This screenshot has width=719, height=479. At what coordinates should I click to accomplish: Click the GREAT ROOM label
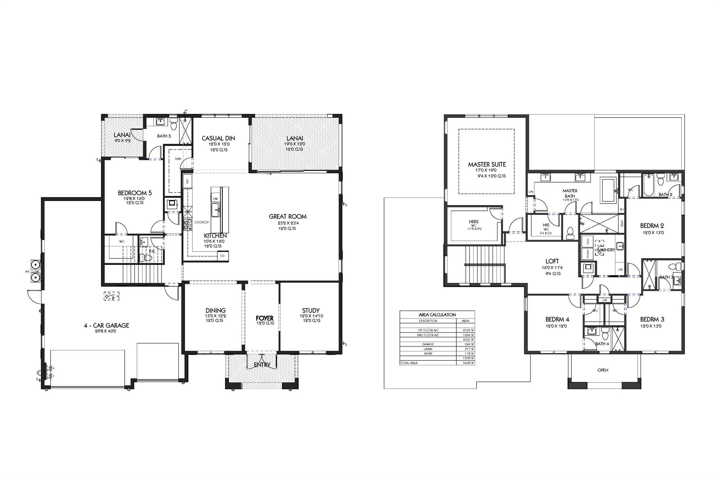(x=288, y=217)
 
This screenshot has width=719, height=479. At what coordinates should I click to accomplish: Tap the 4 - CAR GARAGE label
(x=106, y=325)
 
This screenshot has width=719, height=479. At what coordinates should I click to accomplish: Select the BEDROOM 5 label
(x=135, y=193)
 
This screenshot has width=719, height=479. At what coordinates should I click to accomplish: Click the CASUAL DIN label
(x=218, y=138)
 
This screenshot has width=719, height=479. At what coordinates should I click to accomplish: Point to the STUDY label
(x=311, y=310)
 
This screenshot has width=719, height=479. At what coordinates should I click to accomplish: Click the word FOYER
(x=264, y=318)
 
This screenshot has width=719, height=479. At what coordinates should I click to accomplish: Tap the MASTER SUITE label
(x=487, y=164)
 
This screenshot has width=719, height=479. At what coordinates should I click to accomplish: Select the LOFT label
(x=552, y=261)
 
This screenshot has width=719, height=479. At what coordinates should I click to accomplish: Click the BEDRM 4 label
(x=557, y=319)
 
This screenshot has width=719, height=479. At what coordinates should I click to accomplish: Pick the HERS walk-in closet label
(x=474, y=221)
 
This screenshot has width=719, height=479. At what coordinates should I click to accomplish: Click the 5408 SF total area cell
(x=466, y=363)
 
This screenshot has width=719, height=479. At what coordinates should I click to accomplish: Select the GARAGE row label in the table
(x=428, y=344)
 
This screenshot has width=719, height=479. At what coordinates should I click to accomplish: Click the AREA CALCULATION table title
(x=437, y=315)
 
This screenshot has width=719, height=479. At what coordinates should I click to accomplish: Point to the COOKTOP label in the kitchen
(x=202, y=222)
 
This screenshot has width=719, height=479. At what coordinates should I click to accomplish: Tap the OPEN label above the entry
(x=603, y=370)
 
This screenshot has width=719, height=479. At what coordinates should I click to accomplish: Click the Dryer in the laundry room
(x=586, y=242)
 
